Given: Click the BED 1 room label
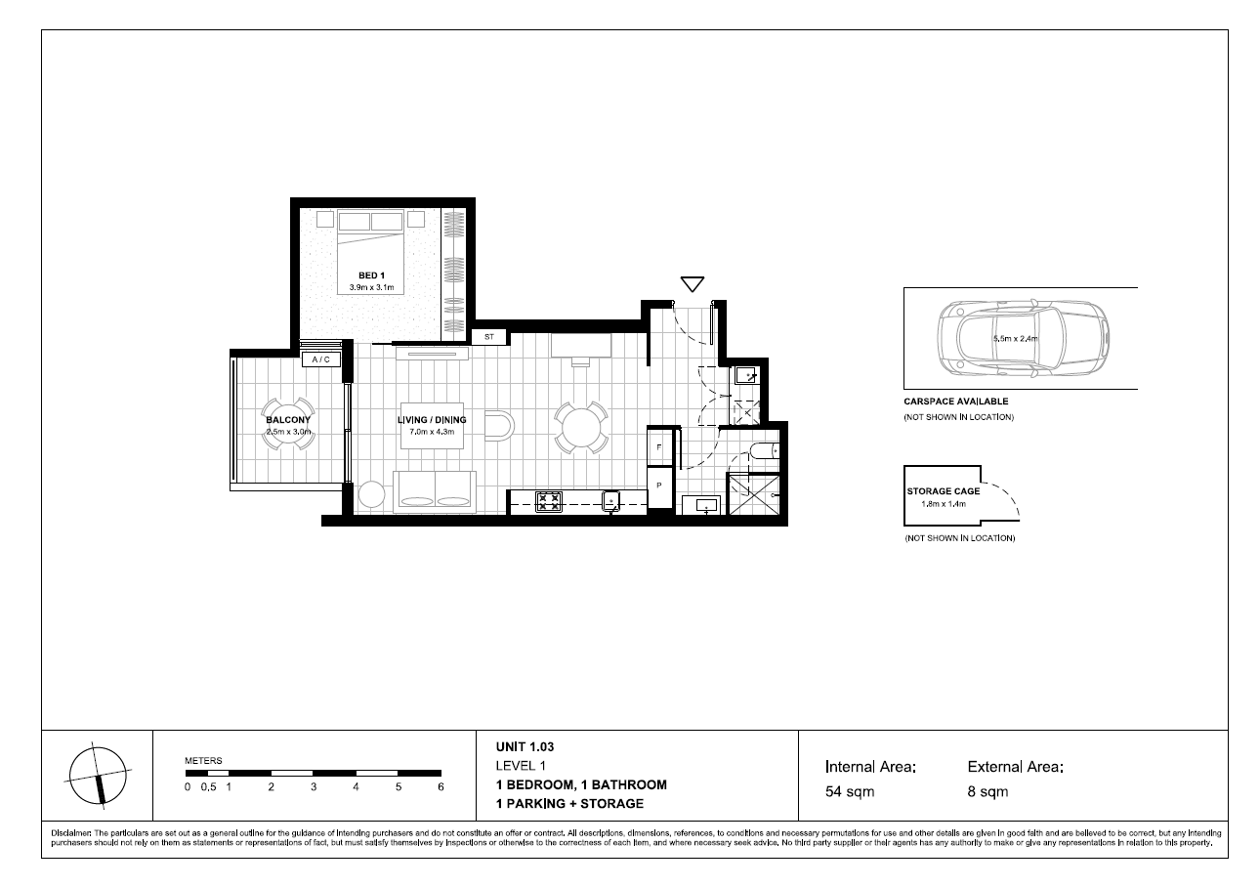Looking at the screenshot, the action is (371, 275).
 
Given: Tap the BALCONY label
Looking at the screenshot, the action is (288, 420).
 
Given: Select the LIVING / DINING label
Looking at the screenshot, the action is (432, 420).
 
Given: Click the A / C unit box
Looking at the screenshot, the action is (321, 359).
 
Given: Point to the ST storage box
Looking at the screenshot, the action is (489, 337).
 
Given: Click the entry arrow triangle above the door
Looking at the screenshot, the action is (692, 284).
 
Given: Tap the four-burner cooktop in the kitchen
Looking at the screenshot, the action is (548, 501).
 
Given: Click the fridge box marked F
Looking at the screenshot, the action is (660, 447).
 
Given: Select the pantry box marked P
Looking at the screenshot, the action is (660, 486).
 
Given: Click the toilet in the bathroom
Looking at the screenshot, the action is (765, 451).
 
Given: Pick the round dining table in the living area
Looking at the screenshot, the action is (581, 428).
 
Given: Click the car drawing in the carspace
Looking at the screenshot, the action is (1024, 339).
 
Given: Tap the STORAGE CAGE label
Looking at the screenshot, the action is (944, 491).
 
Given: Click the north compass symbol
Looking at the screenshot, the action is (98, 777).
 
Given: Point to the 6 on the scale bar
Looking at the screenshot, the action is (441, 787).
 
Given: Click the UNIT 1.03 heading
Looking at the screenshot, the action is (525, 747).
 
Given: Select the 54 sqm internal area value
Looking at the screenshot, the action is (850, 792).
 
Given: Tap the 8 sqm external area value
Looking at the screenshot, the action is (987, 792).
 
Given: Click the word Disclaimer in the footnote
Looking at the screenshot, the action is (71, 833).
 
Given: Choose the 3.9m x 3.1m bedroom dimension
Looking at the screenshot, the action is (372, 287).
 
